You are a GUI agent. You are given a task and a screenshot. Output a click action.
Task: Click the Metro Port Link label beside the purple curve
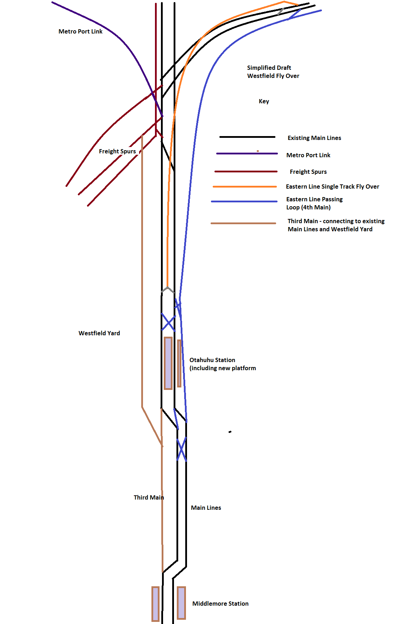pos(80,31)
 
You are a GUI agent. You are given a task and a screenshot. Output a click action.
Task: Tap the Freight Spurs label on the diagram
pos(117,151)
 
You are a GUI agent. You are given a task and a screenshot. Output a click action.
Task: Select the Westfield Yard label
pos(99,333)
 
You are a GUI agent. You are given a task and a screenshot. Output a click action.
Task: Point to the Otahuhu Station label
pos(212,360)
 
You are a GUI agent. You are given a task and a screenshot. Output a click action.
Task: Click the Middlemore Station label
pos(220,604)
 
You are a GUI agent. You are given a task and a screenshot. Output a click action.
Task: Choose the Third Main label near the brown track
pos(149,497)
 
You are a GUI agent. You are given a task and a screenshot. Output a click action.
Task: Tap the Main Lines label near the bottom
pos(206,508)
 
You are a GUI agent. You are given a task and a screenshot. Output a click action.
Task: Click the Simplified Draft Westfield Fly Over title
pos(273,72)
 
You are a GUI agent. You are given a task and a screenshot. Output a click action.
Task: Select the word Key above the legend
pos(264,101)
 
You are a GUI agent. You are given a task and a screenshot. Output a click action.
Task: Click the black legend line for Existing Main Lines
pos(247,137)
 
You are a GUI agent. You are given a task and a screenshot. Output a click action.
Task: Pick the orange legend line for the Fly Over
pos(245,186)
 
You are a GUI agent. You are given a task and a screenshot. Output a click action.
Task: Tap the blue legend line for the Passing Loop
pos(244,201)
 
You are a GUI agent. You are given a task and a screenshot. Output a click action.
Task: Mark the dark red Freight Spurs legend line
pos(246,172)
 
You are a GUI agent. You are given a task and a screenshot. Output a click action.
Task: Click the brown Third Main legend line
pos(243,223)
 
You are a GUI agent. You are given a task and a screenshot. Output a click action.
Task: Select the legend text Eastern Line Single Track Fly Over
pos(332,186)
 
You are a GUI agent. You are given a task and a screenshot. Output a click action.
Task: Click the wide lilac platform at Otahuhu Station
pos(168,363)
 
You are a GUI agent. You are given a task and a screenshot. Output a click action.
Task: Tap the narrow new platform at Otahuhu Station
pos(179,363)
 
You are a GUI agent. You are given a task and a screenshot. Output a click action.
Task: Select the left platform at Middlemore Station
pos(155,604)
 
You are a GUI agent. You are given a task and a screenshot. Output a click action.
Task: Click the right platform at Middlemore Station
pos(181,603)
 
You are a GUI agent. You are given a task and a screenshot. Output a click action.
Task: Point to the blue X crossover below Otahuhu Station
pos(181,449)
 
